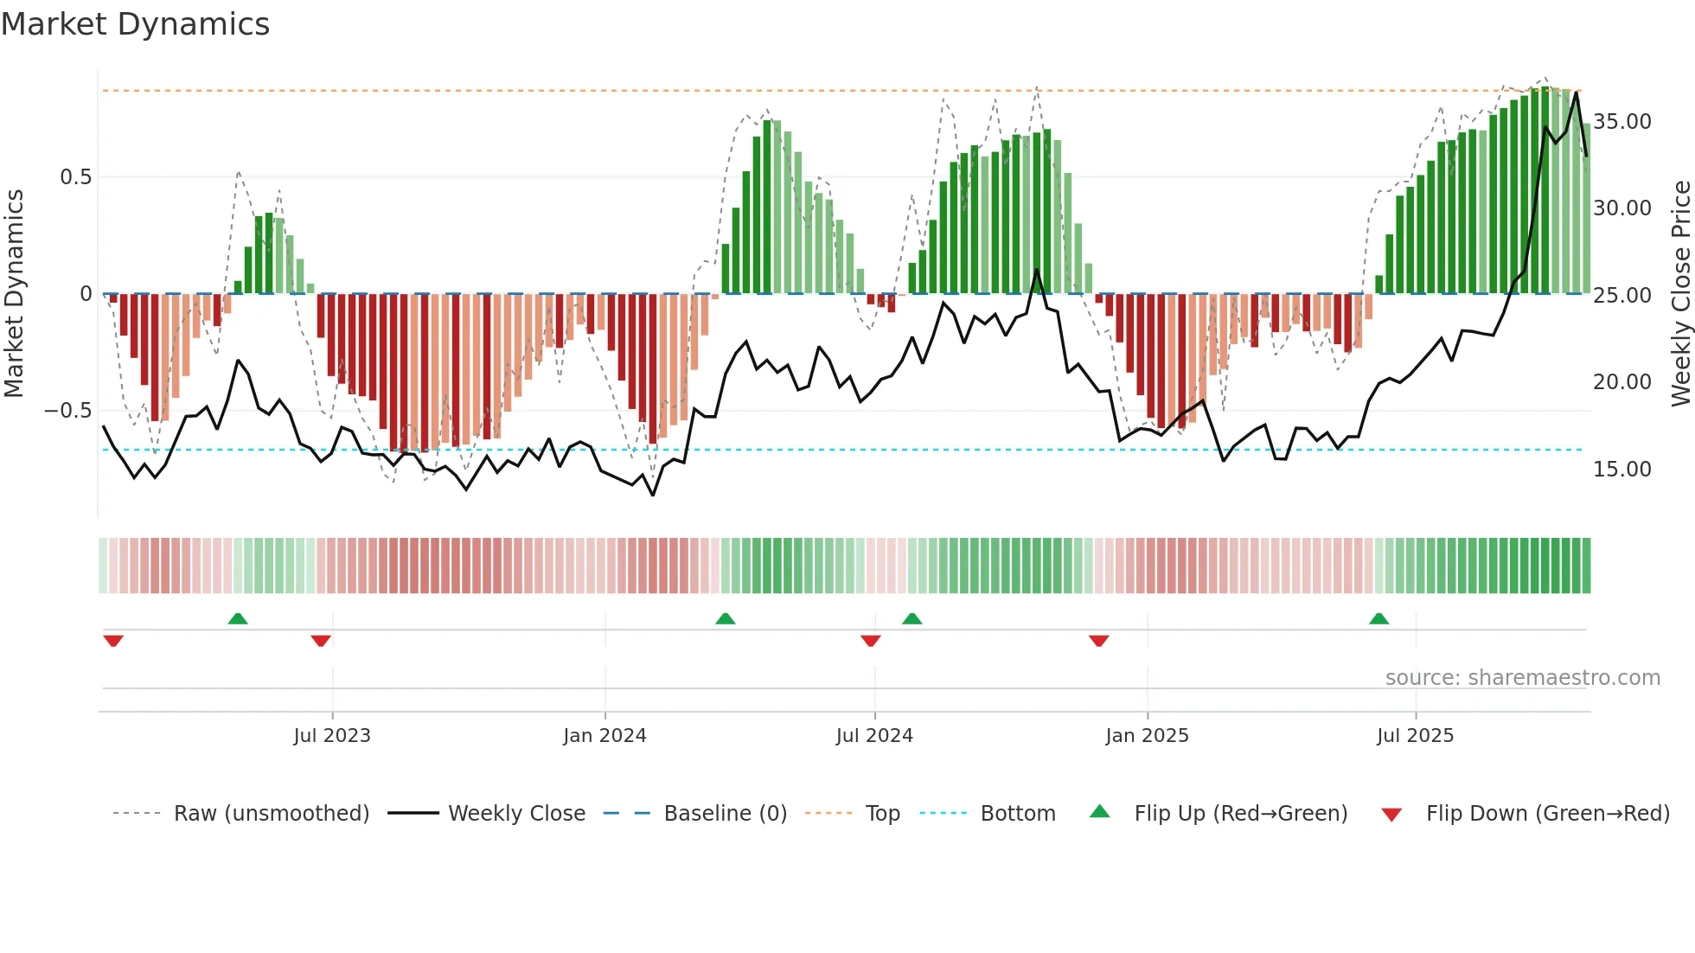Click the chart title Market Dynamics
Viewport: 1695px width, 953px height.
[135, 24]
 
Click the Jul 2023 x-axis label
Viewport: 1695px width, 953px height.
[332, 736]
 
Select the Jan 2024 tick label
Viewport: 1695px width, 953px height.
[604, 736]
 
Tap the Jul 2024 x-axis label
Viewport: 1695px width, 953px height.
[874, 736]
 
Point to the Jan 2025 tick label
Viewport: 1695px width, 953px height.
[1147, 736]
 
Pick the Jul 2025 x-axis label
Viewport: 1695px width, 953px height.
[1415, 736]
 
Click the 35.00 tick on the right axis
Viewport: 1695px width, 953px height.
[1622, 122]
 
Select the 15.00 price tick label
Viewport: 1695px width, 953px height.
[1622, 470]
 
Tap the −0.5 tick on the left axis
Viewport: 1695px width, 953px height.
[68, 411]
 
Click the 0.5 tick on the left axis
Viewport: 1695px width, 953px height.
[75, 177]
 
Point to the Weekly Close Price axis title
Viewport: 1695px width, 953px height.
[1680, 294]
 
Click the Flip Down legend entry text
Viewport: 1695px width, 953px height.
[1547, 814]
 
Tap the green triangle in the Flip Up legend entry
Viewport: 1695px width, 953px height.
[1099, 811]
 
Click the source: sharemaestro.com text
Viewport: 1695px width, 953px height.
[1522, 678]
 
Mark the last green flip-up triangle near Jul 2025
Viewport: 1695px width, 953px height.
[1378, 618]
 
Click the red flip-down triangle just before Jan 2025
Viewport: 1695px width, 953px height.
[1098, 641]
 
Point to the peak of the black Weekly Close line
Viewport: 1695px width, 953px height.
[1577, 93]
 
